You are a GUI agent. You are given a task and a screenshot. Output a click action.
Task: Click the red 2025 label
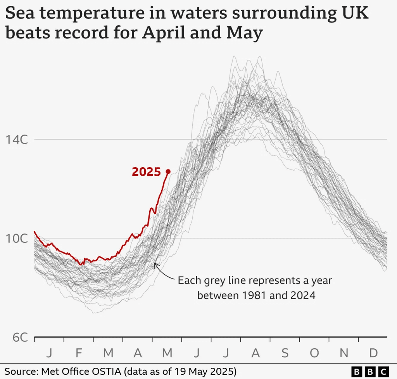pos(146,172)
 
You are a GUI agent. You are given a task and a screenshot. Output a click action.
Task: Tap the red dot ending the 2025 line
pos(168,171)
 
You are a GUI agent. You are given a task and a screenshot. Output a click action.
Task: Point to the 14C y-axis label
pos(16,139)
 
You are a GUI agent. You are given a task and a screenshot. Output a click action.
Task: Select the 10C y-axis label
pos(16,238)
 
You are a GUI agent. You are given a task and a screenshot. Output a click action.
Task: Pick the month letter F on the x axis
pos(79,353)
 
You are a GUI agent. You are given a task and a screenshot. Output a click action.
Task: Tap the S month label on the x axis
pos(285,353)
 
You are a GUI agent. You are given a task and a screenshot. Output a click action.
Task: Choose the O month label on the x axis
pos(314,353)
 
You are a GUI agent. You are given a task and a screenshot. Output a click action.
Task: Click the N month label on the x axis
pos(344,353)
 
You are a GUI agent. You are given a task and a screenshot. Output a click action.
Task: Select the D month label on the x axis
pos(373,353)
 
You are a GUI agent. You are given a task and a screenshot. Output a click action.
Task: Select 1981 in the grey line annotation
pos(256,296)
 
